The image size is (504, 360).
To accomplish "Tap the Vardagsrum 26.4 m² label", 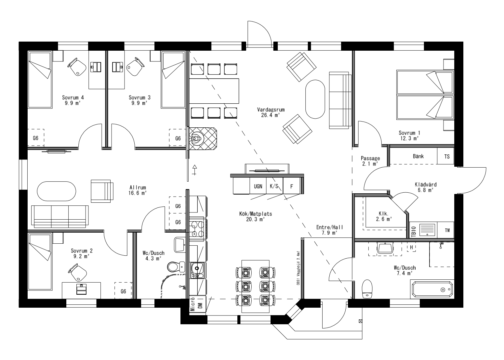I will [268, 112].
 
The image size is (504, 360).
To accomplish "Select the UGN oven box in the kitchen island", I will [258, 186].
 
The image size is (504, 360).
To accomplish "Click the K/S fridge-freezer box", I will [274, 186].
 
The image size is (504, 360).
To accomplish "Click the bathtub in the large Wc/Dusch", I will [431, 289].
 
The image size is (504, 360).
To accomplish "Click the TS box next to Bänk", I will [447, 157].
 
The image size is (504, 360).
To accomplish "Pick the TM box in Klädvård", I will [447, 230].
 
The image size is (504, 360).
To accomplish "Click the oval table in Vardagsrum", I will [315, 99].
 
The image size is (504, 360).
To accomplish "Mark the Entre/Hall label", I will [330, 230].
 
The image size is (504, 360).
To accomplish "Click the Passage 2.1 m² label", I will [370, 161].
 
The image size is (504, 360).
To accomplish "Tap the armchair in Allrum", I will [102, 190].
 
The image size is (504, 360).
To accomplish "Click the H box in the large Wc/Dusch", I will [411, 248].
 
